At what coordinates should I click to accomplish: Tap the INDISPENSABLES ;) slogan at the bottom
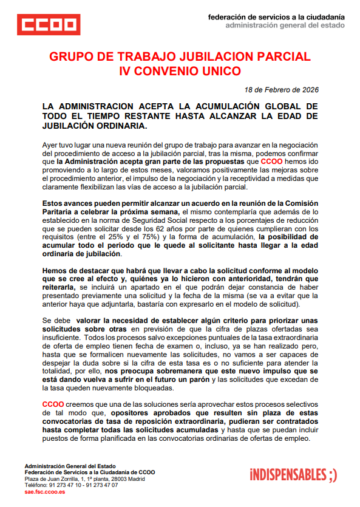(x=293, y=474)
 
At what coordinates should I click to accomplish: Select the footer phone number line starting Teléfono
(x=72, y=485)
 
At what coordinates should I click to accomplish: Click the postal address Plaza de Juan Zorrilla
(x=84, y=479)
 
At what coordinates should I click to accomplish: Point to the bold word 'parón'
(x=201, y=380)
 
